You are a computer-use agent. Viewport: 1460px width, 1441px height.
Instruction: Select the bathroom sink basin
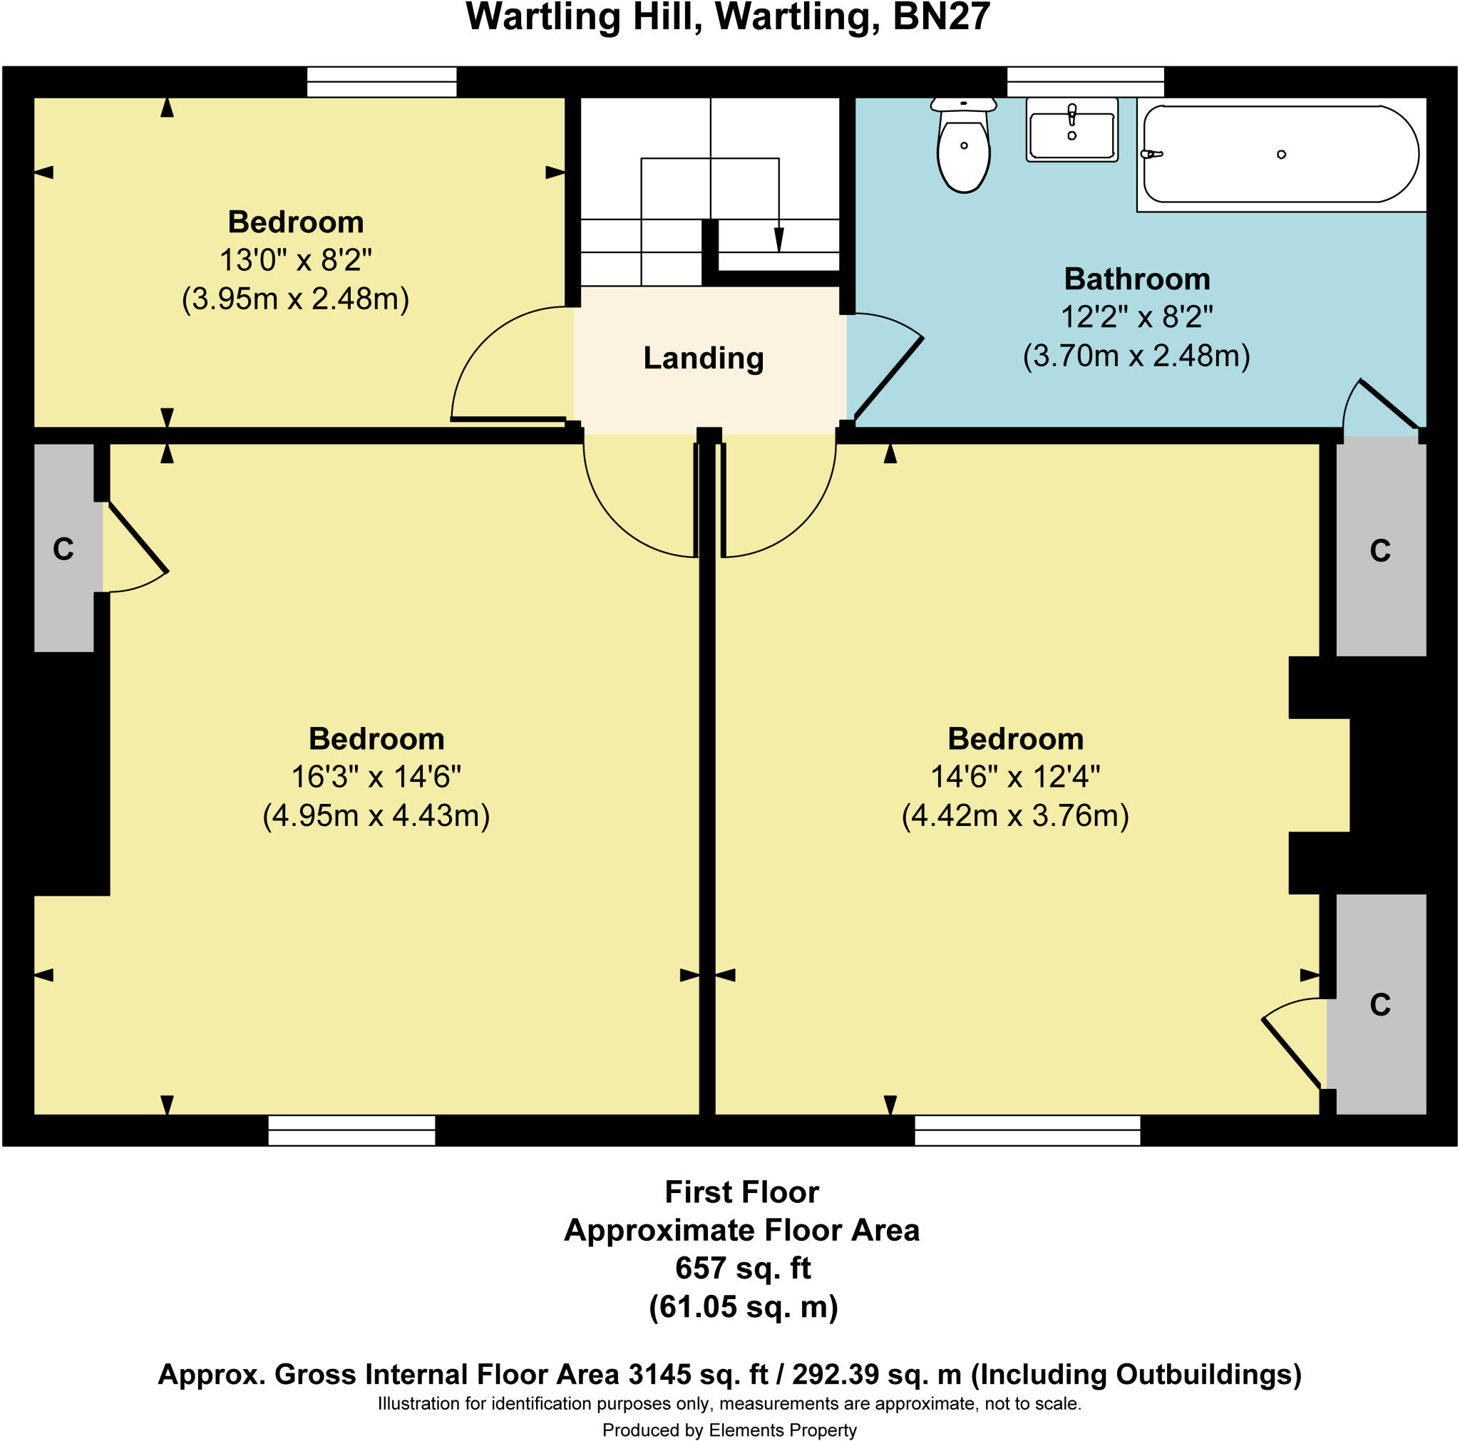click(1071, 129)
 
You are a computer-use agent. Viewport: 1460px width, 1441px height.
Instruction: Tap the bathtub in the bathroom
click(1280, 154)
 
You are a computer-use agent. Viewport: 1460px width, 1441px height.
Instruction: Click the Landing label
click(703, 358)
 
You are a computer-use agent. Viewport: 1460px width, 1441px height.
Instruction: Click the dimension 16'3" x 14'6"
click(376, 777)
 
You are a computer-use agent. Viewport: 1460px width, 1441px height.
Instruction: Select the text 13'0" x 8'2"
click(295, 260)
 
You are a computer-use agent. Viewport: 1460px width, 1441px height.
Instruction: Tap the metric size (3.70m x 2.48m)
click(1136, 355)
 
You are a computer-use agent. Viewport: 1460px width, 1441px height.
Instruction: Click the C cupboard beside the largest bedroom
click(63, 549)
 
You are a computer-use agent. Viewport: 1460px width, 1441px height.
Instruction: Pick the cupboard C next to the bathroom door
click(1380, 551)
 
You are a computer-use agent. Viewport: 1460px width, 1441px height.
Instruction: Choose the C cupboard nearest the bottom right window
click(1380, 1004)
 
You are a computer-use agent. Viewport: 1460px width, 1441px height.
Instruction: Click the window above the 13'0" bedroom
click(381, 82)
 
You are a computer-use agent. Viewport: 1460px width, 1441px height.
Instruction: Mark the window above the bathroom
click(1085, 82)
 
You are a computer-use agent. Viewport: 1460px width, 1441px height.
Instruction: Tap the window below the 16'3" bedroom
click(351, 1130)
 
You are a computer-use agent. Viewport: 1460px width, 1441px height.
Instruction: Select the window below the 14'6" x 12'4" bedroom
click(1027, 1130)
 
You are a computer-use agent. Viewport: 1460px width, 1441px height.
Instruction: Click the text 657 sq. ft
click(742, 1267)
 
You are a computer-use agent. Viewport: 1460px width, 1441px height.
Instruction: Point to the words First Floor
click(741, 1192)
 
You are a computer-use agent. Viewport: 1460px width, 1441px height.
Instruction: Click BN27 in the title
click(941, 16)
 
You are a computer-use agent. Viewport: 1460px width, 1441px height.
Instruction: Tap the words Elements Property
click(782, 1430)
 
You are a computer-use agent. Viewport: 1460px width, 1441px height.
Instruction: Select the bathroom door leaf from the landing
click(888, 378)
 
